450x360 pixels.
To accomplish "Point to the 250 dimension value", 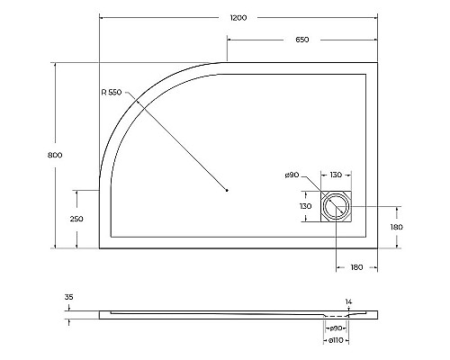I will [76, 219].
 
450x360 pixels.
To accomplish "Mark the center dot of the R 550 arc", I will [227, 190].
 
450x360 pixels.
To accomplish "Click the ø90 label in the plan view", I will [292, 175].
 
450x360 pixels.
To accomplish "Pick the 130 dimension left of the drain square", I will [306, 206].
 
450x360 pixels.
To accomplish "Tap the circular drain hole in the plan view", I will [338, 206].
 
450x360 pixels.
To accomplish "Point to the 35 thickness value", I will [69, 295].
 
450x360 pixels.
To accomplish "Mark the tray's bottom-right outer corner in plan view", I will [376, 247].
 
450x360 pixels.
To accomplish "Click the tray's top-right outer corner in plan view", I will [376, 62].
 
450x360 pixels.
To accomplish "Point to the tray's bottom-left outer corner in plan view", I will [98, 247].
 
